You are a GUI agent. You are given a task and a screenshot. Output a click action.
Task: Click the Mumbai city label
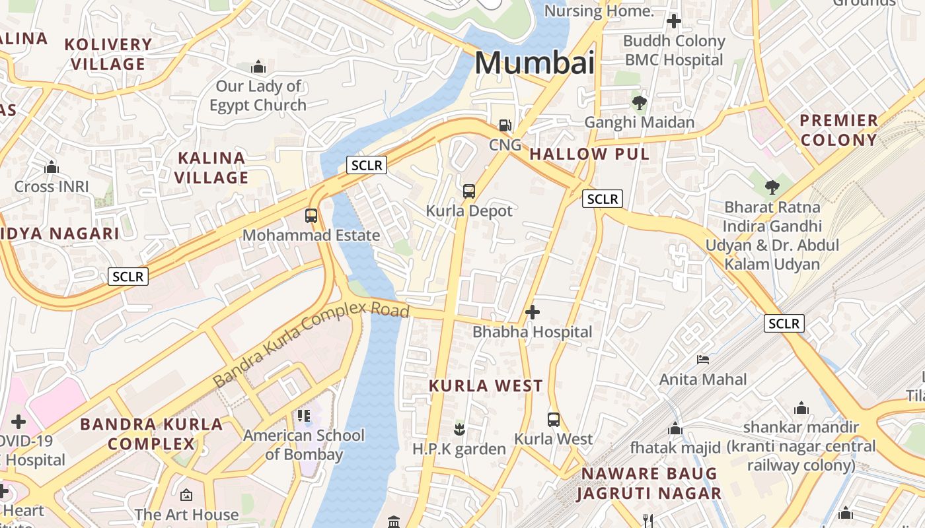pyautogui.click(x=534, y=63)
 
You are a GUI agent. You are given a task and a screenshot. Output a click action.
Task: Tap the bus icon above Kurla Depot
pyautogui.click(x=469, y=191)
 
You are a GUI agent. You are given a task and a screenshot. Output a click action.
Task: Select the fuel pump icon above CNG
pyautogui.click(x=505, y=125)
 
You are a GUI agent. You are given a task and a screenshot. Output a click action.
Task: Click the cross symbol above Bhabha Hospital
pyautogui.click(x=532, y=312)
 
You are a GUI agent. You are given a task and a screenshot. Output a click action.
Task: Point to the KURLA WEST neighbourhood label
pyautogui.click(x=486, y=386)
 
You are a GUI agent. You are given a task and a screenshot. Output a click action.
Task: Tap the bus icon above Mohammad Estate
pyautogui.click(x=311, y=215)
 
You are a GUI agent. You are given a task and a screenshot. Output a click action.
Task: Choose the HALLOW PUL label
pyautogui.click(x=589, y=154)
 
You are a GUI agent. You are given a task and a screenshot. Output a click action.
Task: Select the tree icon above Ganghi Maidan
pyautogui.click(x=639, y=103)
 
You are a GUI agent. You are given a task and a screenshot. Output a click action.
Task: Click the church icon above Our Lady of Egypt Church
pyautogui.click(x=258, y=67)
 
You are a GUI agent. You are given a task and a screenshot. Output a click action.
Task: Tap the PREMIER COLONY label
pyautogui.click(x=838, y=130)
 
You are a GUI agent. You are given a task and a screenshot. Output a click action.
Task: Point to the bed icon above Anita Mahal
pyautogui.click(x=703, y=360)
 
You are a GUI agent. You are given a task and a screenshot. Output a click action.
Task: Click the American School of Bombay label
pyautogui.click(x=304, y=444)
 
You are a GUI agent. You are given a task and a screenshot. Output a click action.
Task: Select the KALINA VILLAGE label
pyautogui.click(x=211, y=168)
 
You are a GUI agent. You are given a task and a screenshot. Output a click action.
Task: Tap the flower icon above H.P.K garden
pyautogui.click(x=459, y=430)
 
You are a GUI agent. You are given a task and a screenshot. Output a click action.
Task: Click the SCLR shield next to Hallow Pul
pyautogui.click(x=602, y=199)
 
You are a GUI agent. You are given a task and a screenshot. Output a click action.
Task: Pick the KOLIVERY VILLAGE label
pyautogui.click(x=108, y=54)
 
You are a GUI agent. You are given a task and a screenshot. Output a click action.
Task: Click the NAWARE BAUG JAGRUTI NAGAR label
pyautogui.click(x=647, y=483)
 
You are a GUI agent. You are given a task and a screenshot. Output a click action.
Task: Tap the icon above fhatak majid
pyautogui.click(x=675, y=429)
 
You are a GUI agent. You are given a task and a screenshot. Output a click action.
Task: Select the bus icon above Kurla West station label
pyautogui.click(x=554, y=419)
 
